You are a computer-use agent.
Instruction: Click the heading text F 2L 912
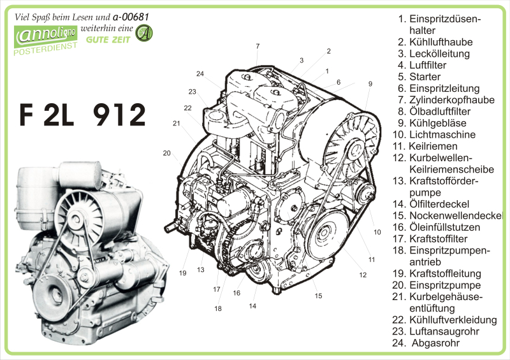pyautogui.click(x=83, y=115)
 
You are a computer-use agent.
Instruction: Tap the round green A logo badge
pyautogui.click(x=145, y=32)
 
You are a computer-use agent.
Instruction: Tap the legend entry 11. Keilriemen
pyautogui.click(x=429, y=146)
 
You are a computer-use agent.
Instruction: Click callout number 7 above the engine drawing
pyautogui.click(x=258, y=46)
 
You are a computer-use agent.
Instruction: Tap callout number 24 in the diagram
pyautogui.click(x=200, y=74)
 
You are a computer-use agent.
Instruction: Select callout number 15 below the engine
pyautogui.click(x=318, y=296)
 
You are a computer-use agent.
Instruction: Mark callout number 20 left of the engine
pyautogui.click(x=167, y=153)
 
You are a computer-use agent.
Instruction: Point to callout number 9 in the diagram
pyautogui.click(x=370, y=83)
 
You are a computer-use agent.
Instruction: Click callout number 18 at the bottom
pyautogui.click(x=218, y=308)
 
